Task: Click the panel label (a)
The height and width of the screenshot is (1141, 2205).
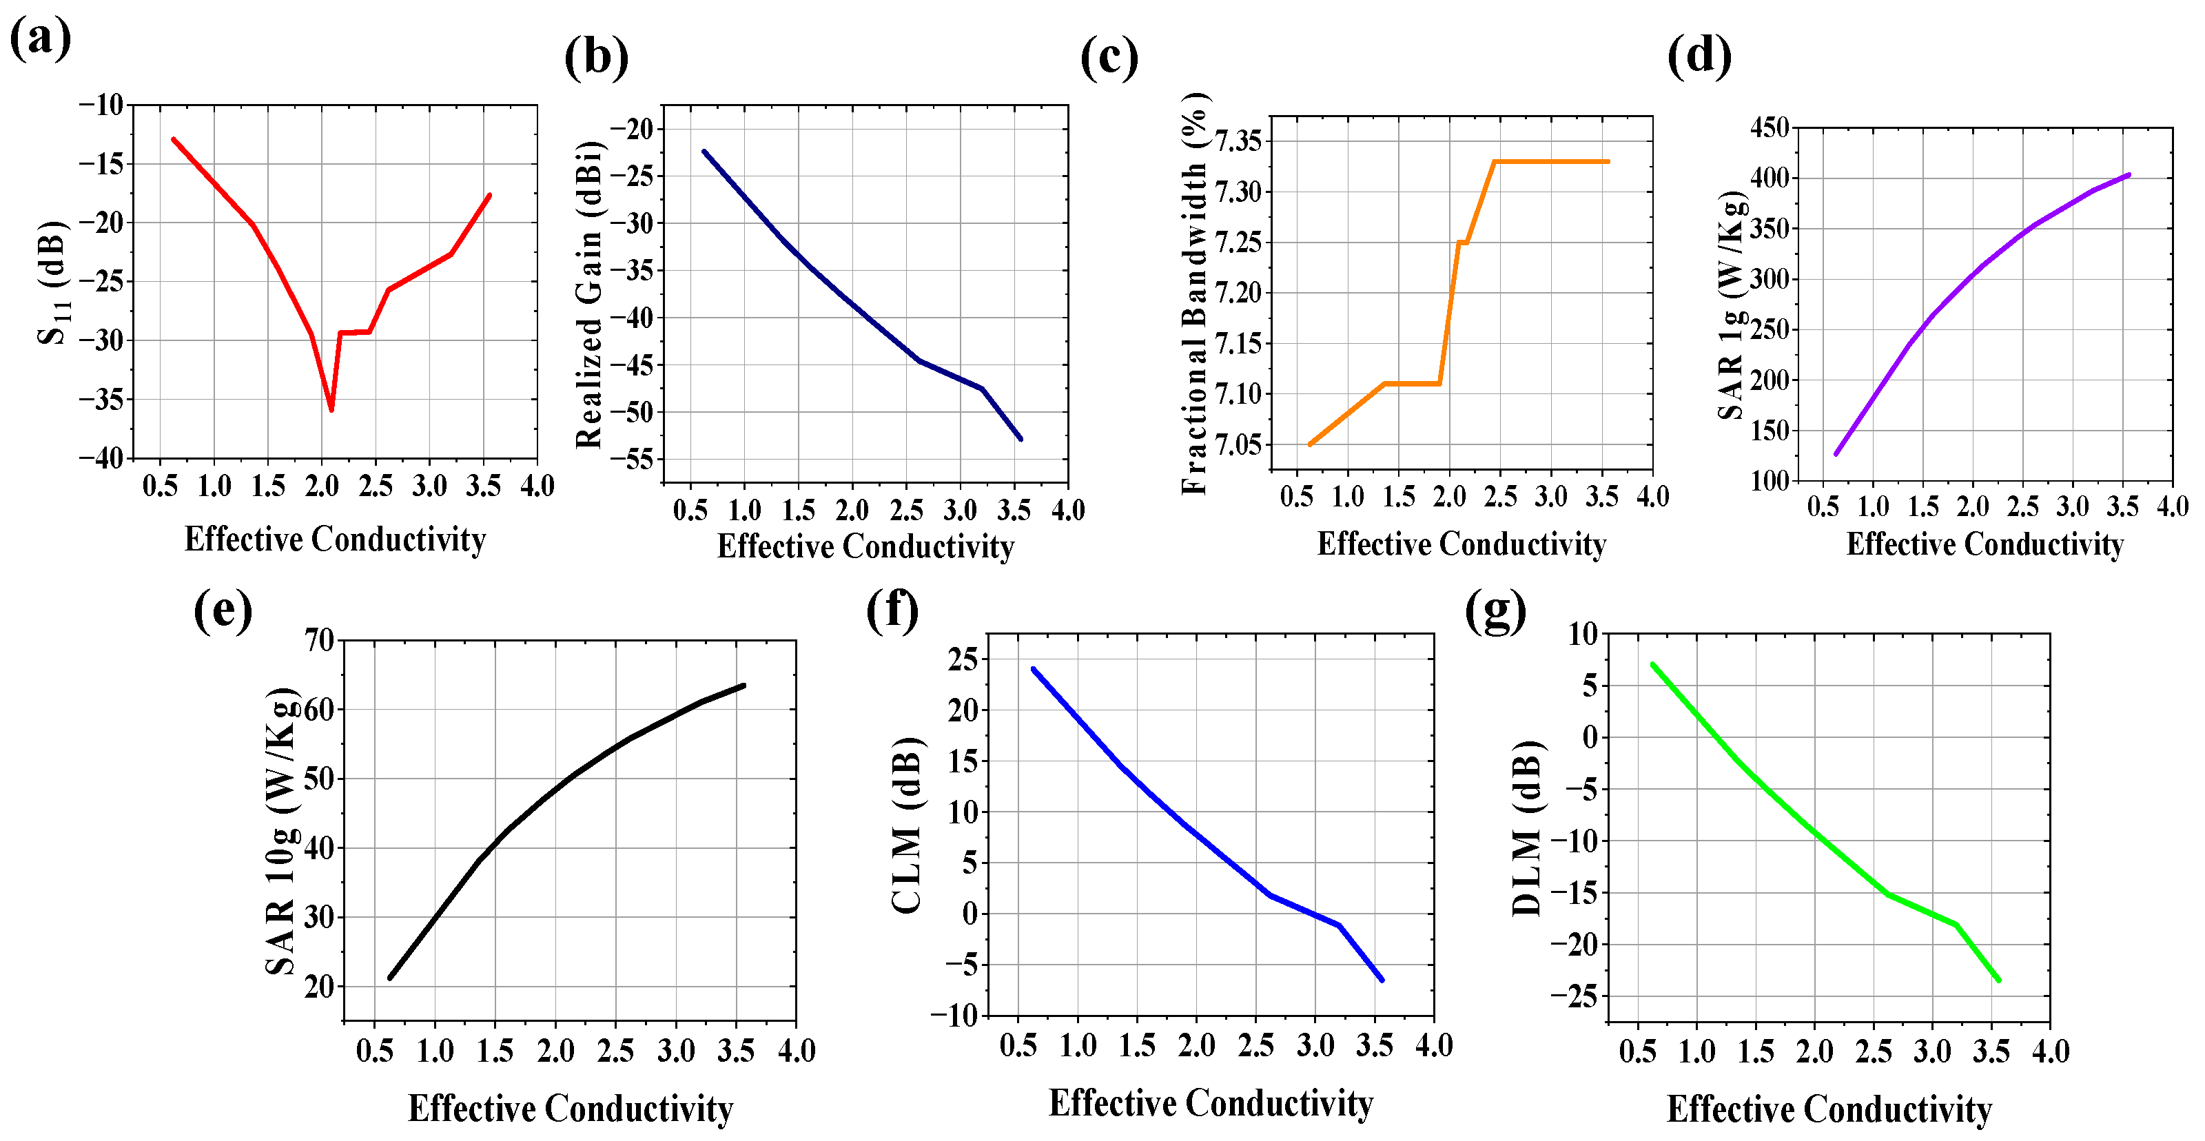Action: (x=39, y=39)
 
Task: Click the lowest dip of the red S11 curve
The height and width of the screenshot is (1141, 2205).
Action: (x=331, y=410)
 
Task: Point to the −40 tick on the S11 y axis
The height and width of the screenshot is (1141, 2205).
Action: (x=102, y=458)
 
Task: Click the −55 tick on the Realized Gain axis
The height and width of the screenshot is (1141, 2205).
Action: (x=632, y=460)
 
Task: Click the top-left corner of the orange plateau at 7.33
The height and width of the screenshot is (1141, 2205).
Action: (x=1494, y=162)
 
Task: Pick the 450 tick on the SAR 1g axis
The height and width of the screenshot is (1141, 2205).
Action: (x=1770, y=127)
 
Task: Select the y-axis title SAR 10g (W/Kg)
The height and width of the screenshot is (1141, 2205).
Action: (x=280, y=830)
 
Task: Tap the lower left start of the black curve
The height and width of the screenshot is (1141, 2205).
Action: (x=390, y=978)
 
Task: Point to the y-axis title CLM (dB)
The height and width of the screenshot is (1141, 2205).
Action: (x=907, y=824)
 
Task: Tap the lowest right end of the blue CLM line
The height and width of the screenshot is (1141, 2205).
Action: (x=1382, y=980)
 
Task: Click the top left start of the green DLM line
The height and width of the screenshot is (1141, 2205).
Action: (x=1652, y=664)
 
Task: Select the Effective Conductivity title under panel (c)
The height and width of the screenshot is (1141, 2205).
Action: (x=1461, y=544)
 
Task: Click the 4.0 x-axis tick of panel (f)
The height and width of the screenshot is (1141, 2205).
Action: (x=1434, y=1045)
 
